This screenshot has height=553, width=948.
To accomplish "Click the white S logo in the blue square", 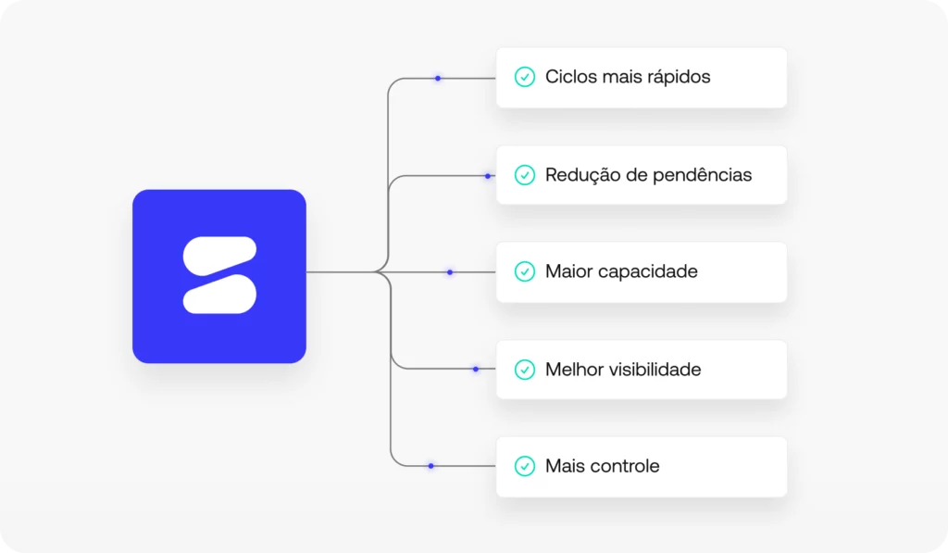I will coord(219,275).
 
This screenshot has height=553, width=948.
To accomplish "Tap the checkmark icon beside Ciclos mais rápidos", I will coord(525,77).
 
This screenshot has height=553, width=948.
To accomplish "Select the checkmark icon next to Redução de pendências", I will coord(525,174).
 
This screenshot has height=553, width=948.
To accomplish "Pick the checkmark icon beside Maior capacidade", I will coord(525,271).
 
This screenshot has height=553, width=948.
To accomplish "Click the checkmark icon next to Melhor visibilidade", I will coord(525,370).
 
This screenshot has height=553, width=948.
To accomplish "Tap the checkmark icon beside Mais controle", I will coord(525,466).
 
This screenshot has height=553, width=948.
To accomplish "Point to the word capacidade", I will coord(648,272).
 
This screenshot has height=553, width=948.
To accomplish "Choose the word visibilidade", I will coord(655,370).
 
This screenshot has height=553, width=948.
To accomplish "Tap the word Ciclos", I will coord(570,77).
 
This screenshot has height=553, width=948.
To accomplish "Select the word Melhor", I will coord(574,370).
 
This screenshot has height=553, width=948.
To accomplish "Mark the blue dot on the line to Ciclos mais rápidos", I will coord(438,79).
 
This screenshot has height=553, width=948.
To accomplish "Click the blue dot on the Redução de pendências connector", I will coord(488,176).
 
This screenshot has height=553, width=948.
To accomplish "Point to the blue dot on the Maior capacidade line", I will coord(450,272).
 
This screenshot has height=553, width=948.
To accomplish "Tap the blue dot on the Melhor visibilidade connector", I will coord(476,369).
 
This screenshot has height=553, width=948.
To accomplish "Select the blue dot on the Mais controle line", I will coord(430,466).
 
